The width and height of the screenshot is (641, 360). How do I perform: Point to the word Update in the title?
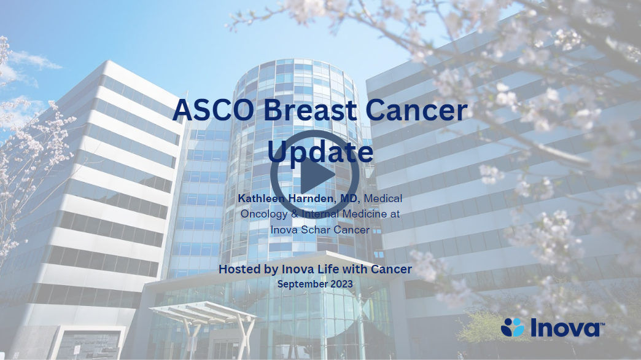(x=320, y=151)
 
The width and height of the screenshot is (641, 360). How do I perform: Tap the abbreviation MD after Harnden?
(x=350, y=198)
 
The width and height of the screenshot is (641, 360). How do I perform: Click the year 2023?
(x=342, y=284)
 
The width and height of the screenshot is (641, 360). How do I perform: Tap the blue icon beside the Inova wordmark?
(x=513, y=327)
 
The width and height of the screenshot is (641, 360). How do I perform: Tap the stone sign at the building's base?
(x=87, y=343)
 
